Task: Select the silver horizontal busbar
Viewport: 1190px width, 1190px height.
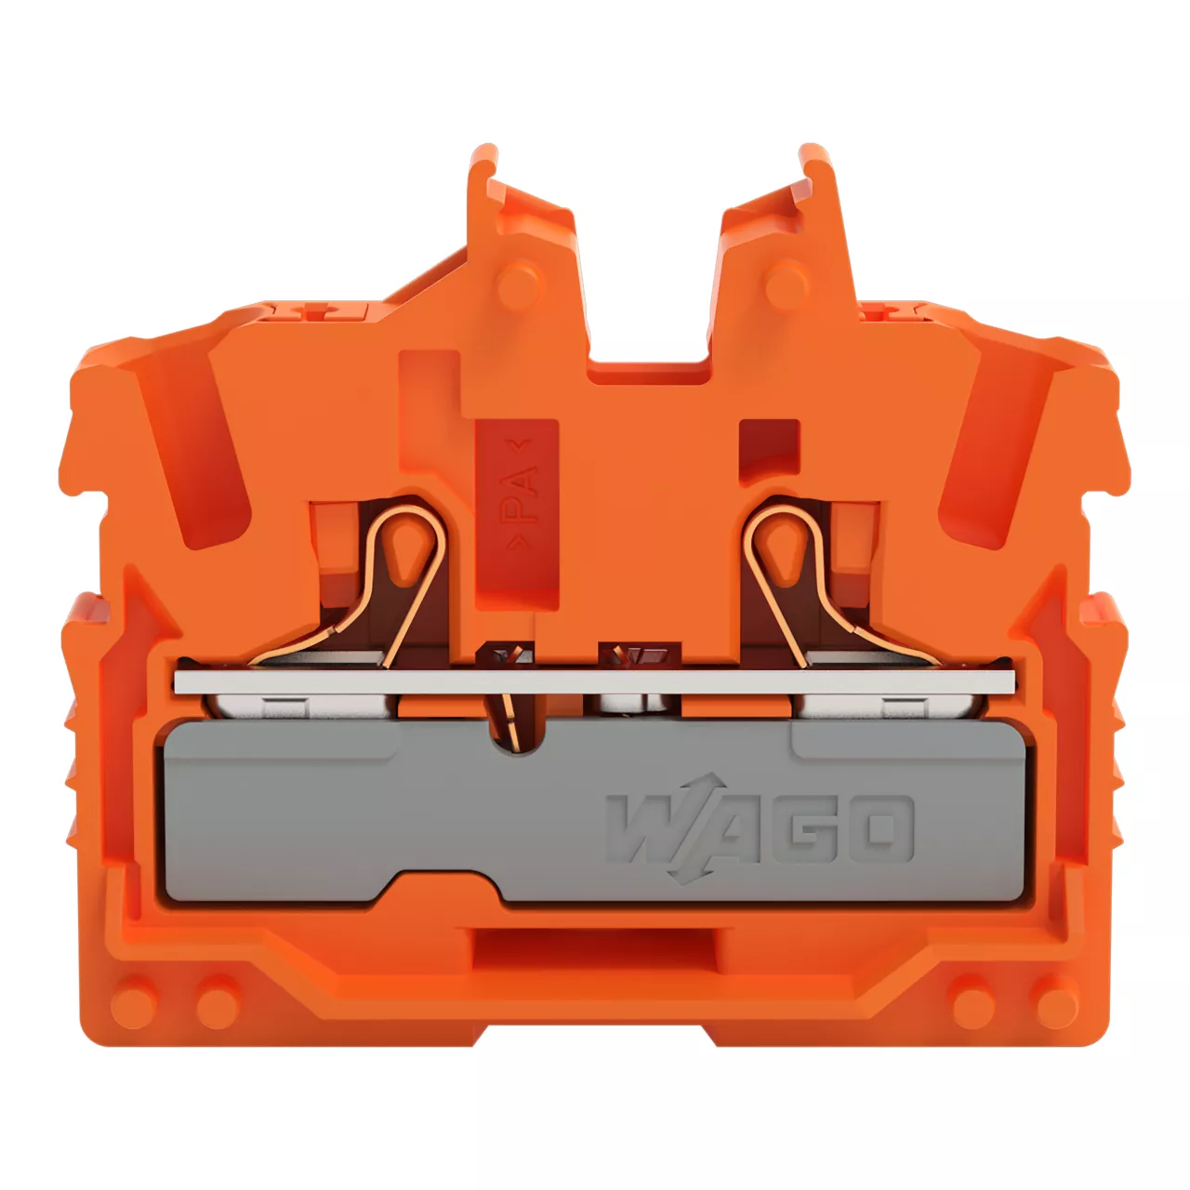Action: pos(594,681)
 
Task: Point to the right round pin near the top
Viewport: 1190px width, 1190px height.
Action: pos(787,284)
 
